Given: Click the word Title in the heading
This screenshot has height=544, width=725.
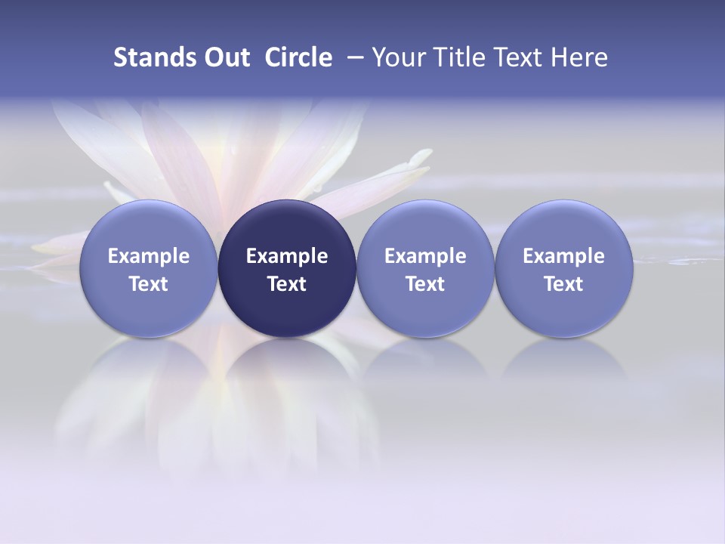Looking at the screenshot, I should (x=458, y=57).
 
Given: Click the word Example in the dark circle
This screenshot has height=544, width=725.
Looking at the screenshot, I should (x=287, y=256).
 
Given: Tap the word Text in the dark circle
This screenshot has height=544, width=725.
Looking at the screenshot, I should (x=287, y=284).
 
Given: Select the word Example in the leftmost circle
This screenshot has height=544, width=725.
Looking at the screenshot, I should (x=149, y=256).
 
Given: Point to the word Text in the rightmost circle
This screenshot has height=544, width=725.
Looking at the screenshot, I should (x=563, y=284).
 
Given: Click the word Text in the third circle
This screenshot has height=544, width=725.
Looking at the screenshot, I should (x=425, y=284).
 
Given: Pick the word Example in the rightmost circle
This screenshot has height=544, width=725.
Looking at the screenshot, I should (x=563, y=256).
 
